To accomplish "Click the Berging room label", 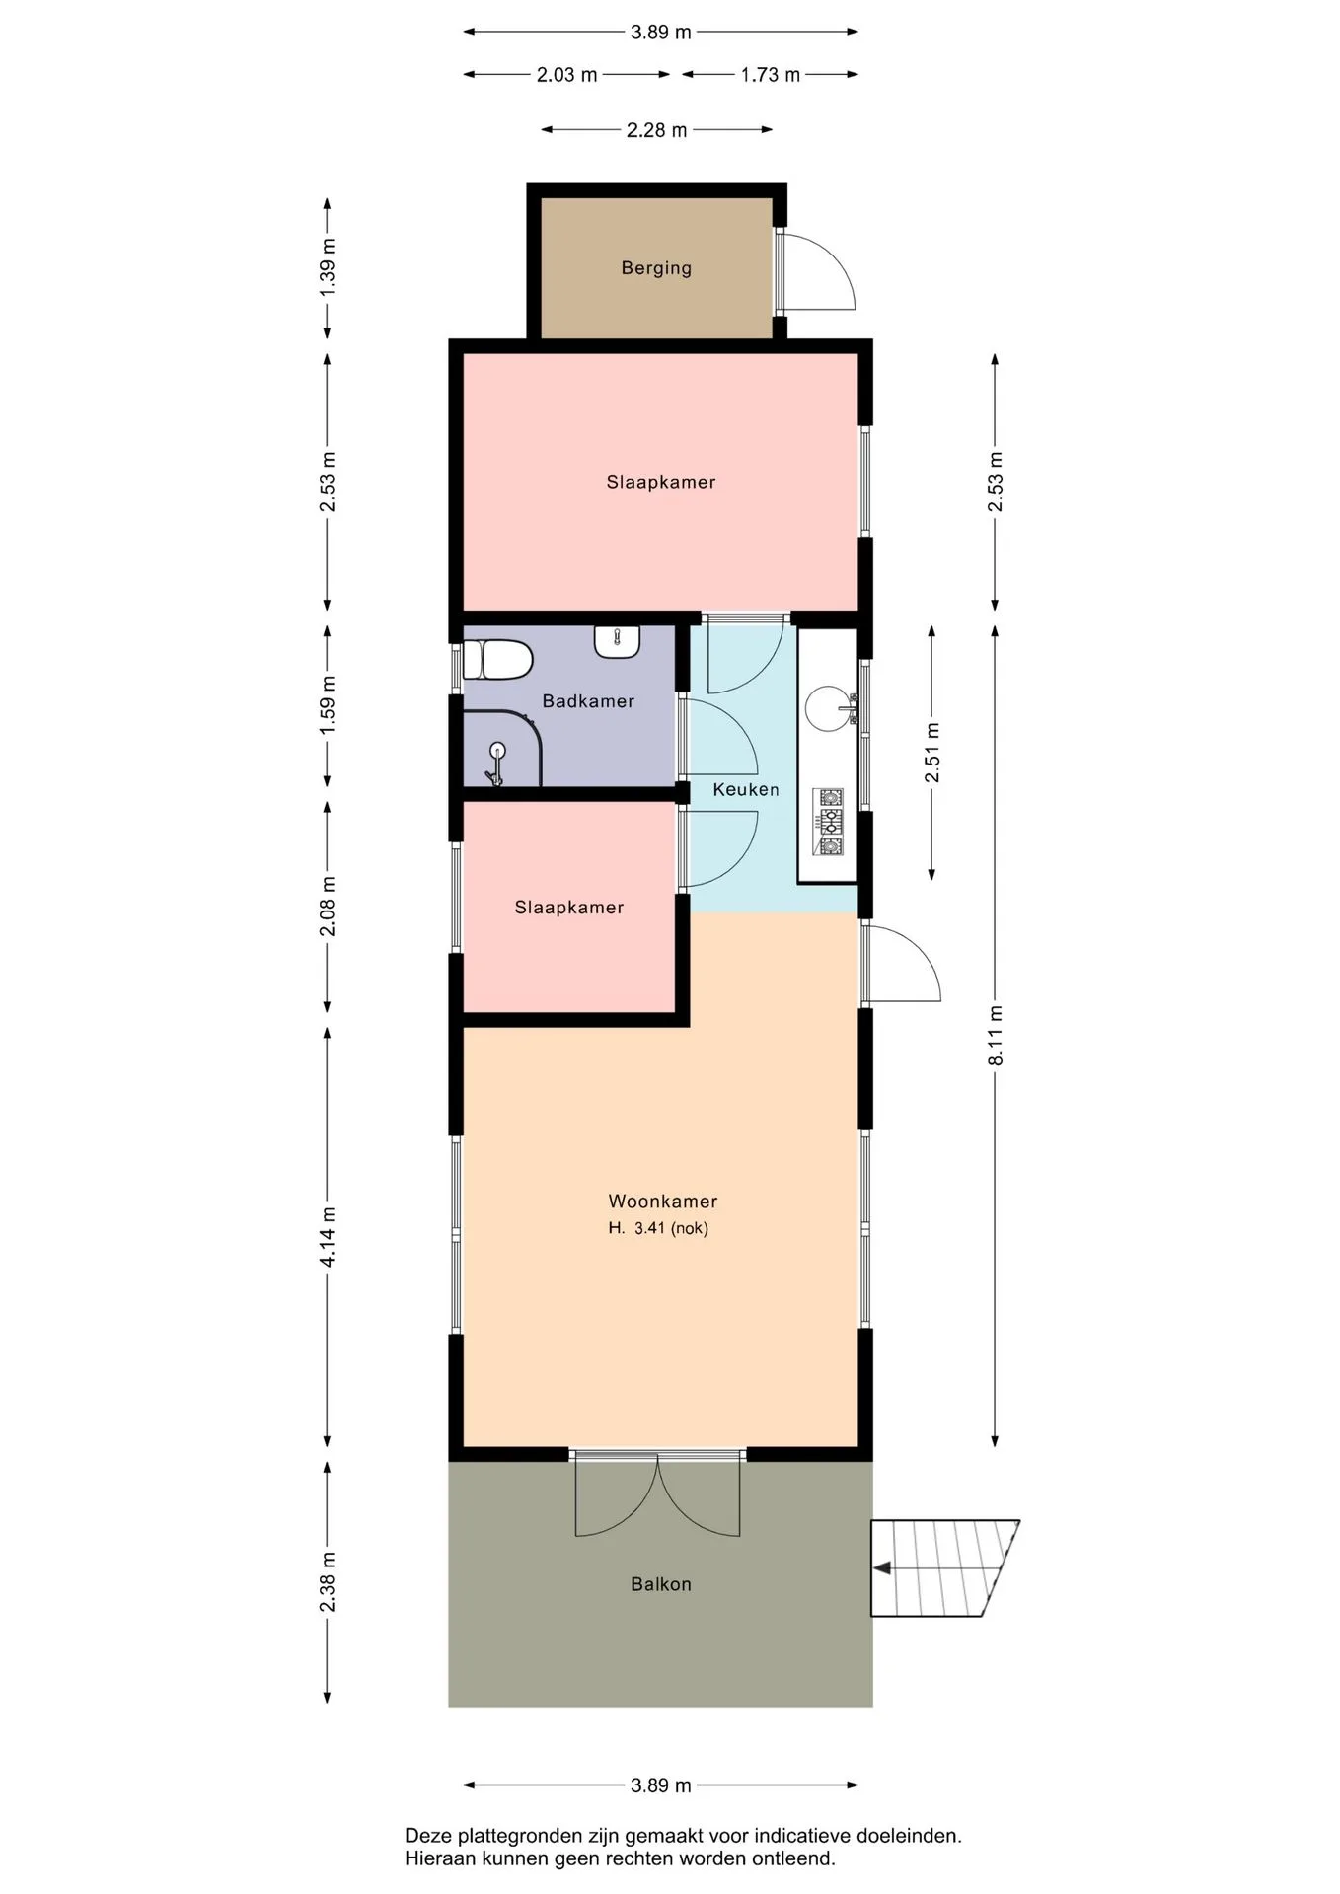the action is [656, 268].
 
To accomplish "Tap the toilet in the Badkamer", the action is [498, 660].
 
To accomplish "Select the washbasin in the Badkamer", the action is [618, 642].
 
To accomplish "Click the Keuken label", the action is [746, 790].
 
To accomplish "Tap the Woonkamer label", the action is [663, 1202].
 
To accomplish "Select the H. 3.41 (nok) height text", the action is [658, 1228].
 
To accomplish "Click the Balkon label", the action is [661, 1584].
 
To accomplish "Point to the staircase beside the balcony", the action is [943, 1568].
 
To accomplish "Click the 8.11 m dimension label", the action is [996, 1035].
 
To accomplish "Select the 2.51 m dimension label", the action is [932, 753].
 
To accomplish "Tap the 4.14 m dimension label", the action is [328, 1237].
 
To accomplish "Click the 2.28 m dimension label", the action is [657, 130].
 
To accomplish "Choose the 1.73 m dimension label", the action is [771, 75].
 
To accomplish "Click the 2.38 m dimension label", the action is [328, 1582].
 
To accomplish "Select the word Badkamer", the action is [588, 701].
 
